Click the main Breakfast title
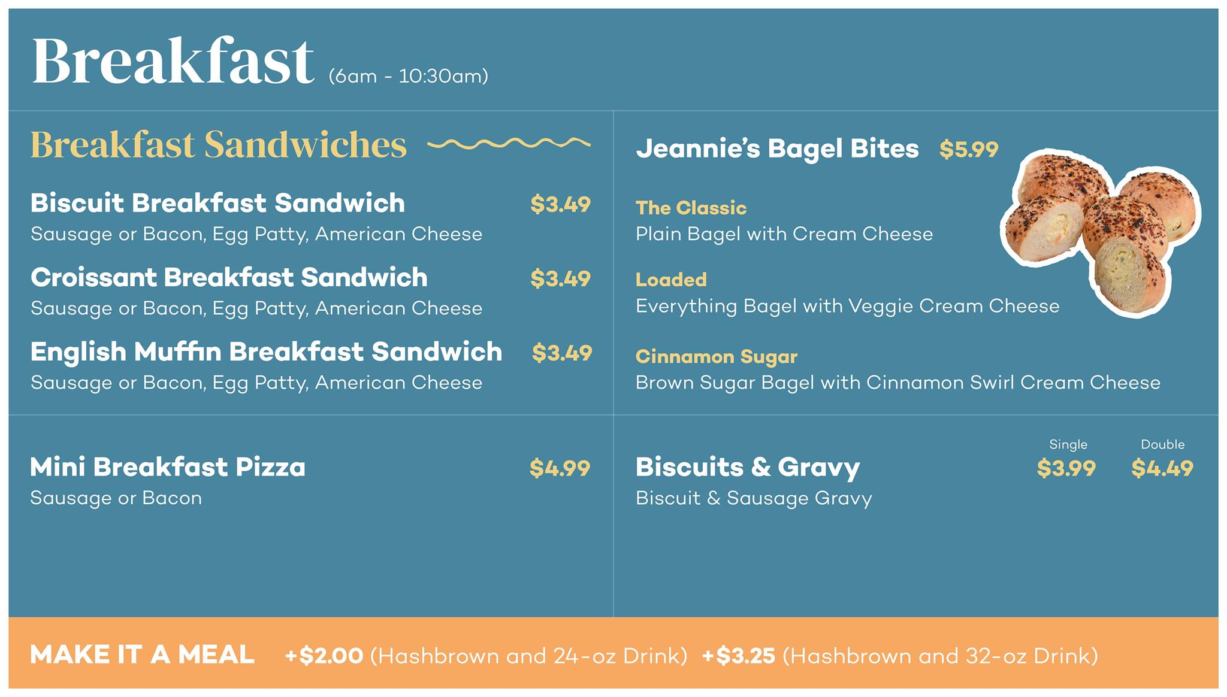173,60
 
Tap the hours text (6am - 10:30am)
408,77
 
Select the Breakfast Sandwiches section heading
218,145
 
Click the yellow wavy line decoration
509,143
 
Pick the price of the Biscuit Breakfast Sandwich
560,205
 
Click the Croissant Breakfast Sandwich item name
229,277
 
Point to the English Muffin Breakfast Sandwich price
561,353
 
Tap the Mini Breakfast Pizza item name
168,467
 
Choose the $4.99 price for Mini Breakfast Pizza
560,468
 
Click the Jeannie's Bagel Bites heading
777,149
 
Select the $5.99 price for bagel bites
969,149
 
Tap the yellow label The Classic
691,208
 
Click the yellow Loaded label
671,280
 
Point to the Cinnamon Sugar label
717,357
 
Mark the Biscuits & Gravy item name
748,467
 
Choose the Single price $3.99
1066,468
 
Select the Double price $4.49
1162,468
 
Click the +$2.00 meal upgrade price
324,656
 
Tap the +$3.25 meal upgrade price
738,656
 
